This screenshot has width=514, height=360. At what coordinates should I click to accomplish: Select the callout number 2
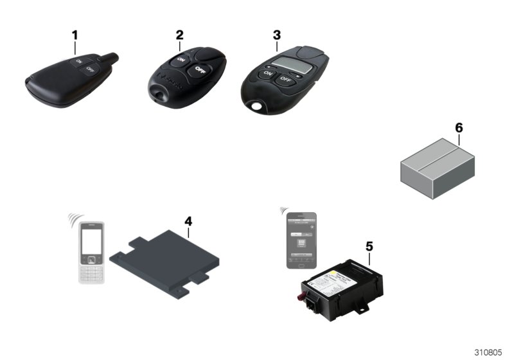tap(180, 34)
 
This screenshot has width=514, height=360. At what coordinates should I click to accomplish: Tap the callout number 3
tap(277, 35)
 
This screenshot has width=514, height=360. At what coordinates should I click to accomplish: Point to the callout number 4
tap(188, 221)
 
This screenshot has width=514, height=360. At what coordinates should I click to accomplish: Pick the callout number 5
tap(369, 246)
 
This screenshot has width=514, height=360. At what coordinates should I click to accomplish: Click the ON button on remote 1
tap(78, 62)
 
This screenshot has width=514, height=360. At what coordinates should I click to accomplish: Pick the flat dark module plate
tap(166, 260)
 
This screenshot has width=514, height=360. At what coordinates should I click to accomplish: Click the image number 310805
tap(488, 352)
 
